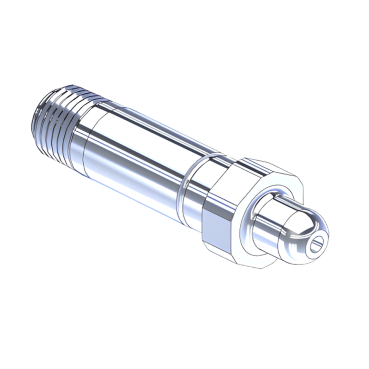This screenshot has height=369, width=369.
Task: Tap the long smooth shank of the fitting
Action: click(137, 153)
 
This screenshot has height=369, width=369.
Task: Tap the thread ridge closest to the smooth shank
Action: click(74, 127)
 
